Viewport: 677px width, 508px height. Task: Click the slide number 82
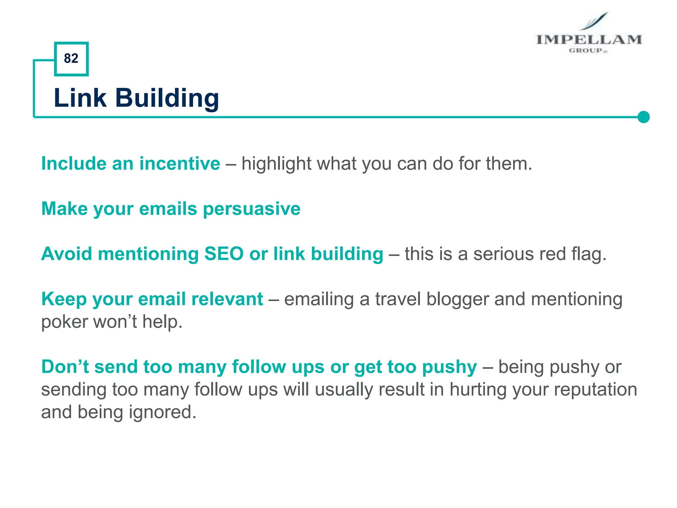click(71, 59)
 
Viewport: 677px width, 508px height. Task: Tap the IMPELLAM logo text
click(589, 40)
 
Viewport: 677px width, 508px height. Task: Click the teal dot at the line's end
click(643, 117)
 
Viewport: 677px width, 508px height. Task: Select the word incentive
click(179, 163)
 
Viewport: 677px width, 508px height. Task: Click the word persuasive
click(252, 209)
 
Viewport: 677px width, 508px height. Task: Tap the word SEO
click(224, 254)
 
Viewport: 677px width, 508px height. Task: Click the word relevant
click(227, 299)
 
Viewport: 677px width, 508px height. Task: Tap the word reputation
click(595, 389)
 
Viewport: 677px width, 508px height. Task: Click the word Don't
click(65, 367)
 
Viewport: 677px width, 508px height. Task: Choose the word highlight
click(276, 163)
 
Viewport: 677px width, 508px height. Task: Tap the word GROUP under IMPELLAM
click(586, 51)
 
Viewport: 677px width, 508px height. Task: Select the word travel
click(398, 299)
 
